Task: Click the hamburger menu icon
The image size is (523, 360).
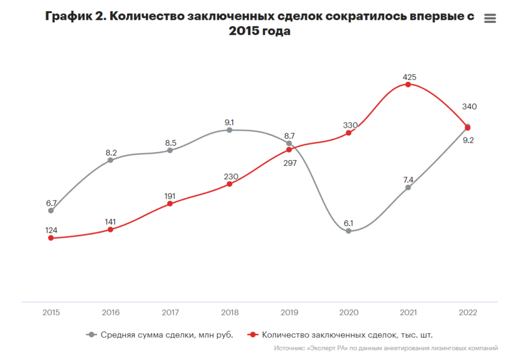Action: (x=490, y=19)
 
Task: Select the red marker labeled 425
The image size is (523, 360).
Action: (x=408, y=84)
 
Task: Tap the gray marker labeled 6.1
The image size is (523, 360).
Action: (x=349, y=231)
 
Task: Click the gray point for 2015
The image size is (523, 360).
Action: (x=51, y=211)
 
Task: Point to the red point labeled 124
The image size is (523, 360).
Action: (x=51, y=238)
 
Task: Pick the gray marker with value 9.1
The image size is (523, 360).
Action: (x=230, y=130)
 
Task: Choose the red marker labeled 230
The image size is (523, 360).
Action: (x=230, y=184)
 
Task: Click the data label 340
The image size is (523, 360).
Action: (x=469, y=107)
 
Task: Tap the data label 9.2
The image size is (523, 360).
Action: (x=468, y=140)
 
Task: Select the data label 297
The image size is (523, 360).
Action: (x=290, y=163)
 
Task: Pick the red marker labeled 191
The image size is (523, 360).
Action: (x=170, y=204)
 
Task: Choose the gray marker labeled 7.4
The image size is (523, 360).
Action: (x=408, y=187)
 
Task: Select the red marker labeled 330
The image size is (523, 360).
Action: (x=349, y=133)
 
